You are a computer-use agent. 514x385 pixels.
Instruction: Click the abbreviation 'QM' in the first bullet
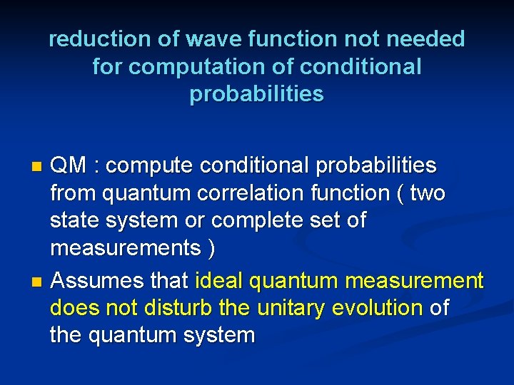point(70,166)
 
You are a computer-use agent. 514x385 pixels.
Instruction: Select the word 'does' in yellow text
point(71,308)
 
